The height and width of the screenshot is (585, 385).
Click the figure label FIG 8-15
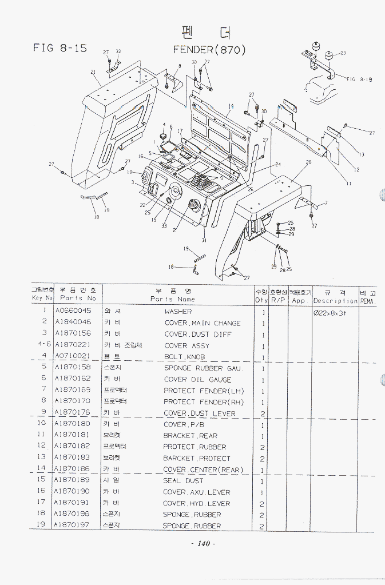(x=60, y=48)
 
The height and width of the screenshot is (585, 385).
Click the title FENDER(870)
(x=209, y=50)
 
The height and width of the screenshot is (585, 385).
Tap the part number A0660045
(x=73, y=312)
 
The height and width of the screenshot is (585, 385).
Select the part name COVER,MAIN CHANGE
(x=203, y=323)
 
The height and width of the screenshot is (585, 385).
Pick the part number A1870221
(x=73, y=345)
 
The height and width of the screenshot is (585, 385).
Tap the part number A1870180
(x=73, y=424)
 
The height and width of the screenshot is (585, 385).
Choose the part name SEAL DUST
(x=183, y=481)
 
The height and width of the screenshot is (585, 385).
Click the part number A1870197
(x=73, y=526)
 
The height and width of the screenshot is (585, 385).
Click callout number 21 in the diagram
(x=93, y=71)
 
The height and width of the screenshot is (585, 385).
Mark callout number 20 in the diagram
(x=308, y=162)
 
